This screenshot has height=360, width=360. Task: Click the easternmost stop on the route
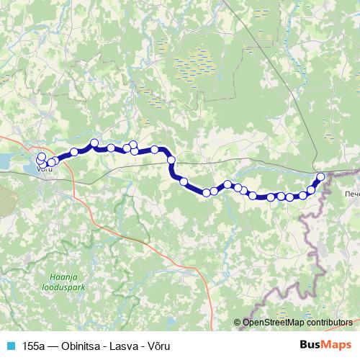[320, 176]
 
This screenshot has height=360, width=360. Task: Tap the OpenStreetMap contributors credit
[297, 323]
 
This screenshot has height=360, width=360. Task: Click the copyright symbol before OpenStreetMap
[238, 323]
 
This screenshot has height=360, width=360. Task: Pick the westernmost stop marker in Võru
[40, 157]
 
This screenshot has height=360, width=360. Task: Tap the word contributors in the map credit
[331, 323]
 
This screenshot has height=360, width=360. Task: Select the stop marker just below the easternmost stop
[312, 190]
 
